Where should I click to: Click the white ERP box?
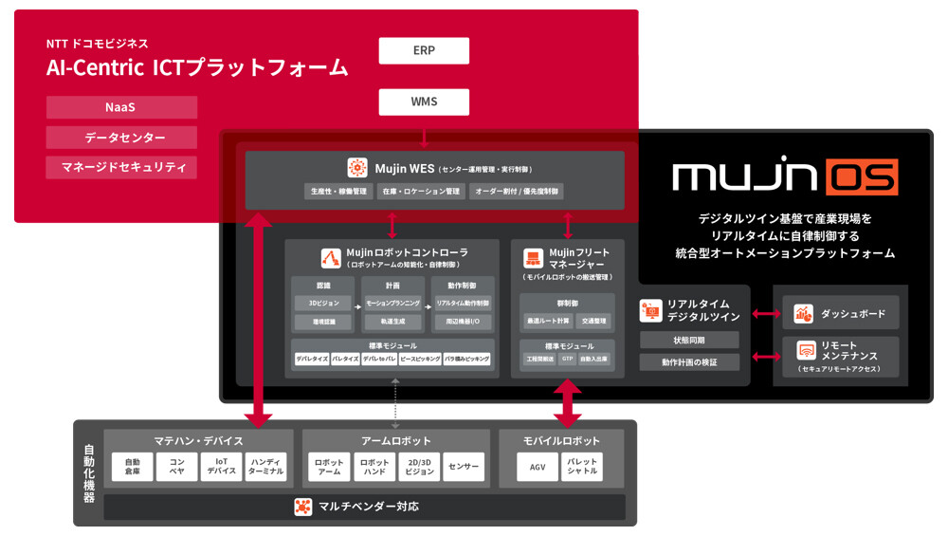pos(424,50)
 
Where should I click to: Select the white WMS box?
pos(424,101)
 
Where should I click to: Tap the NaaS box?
pos(121,107)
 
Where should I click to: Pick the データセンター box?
pos(121,138)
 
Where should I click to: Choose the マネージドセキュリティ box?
pos(121,168)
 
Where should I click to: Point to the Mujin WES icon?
pos(357,168)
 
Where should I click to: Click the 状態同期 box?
pos(688,340)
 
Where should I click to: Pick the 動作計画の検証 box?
pos(688,361)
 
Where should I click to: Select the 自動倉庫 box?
pos(132,466)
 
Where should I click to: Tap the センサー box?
pos(463,466)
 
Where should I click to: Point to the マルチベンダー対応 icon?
pos(302,507)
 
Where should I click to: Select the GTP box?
pos(567,360)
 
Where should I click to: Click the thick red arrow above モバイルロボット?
pos(567,403)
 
